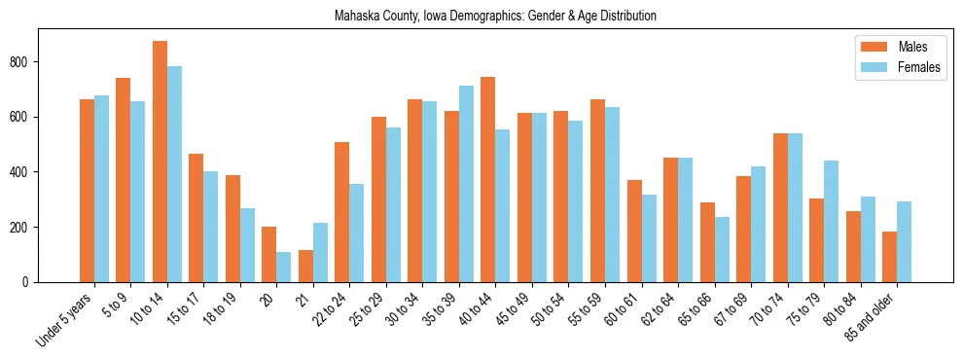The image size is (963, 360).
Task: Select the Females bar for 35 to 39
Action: (x=466, y=184)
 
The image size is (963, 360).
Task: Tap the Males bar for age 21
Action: (x=305, y=266)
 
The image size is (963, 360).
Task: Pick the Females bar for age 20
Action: (x=284, y=268)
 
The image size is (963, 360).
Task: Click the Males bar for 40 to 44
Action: (x=488, y=179)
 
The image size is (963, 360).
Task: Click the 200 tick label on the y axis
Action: (x=23, y=228)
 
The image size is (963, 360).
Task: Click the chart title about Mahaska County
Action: (x=495, y=17)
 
